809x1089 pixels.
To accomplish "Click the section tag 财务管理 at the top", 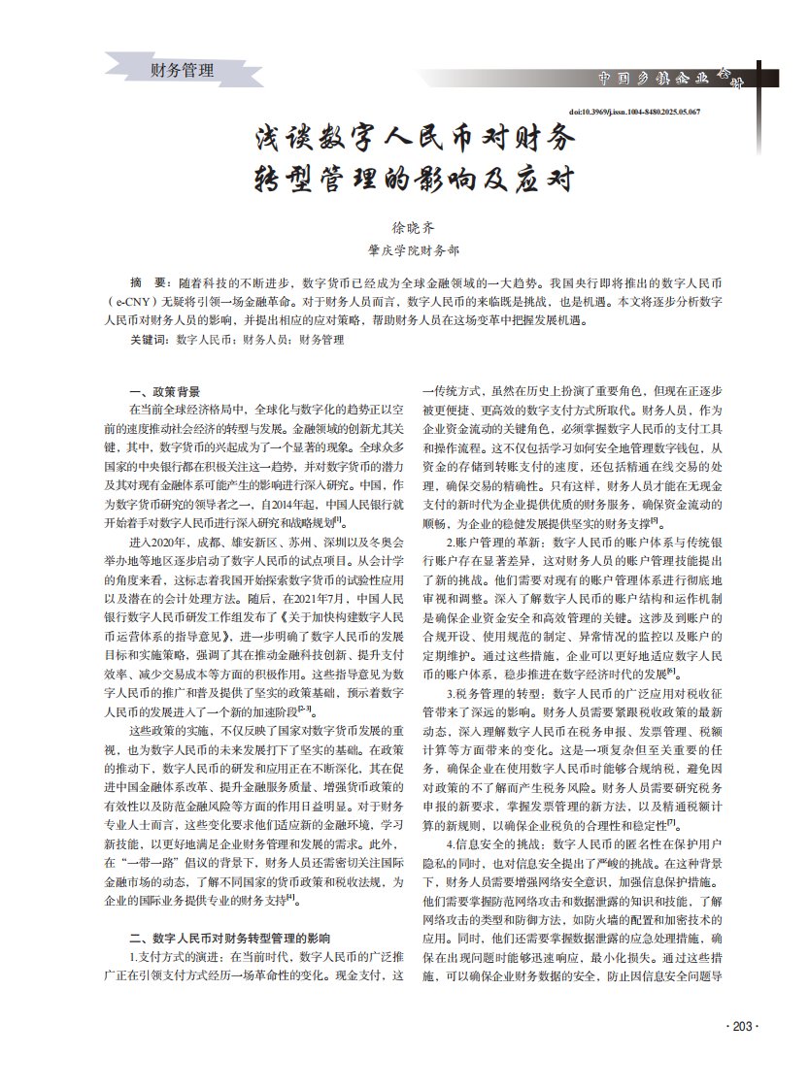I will pyautogui.click(x=183, y=70).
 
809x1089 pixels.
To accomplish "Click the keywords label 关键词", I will pyautogui.click(x=148, y=341).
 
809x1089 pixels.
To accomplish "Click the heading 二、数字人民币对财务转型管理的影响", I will pyautogui.click(x=230, y=939).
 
